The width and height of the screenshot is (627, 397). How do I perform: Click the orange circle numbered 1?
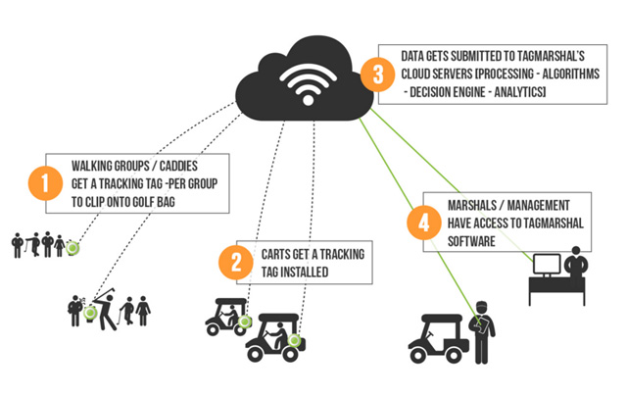pyautogui.click(x=45, y=183)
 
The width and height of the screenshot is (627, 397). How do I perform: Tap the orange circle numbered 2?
pyautogui.click(x=236, y=263)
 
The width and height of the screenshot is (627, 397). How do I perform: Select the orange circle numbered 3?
pyautogui.click(x=378, y=74)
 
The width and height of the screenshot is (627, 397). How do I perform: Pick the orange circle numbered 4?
pyautogui.click(x=424, y=223)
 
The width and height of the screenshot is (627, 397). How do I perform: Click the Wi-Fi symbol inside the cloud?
pyautogui.click(x=308, y=84)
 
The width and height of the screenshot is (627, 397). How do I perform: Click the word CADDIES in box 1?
pyautogui.click(x=178, y=166)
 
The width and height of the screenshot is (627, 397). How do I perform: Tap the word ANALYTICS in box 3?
pyautogui.click(x=520, y=92)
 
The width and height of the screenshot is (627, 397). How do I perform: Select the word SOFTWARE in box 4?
pyautogui.click(x=471, y=241)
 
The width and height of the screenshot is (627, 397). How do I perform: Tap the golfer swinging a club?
pyautogui.click(x=105, y=309)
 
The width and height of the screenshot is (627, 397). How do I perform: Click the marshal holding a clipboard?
pyautogui.click(x=483, y=332)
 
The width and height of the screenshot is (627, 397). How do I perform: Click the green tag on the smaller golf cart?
pyautogui.click(x=244, y=322)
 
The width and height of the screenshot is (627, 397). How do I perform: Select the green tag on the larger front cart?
pyautogui.click(x=294, y=340)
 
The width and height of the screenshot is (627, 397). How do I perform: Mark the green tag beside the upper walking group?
pyautogui.click(x=72, y=248)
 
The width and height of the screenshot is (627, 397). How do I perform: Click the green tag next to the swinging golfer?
pyautogui.click(x=90, y=313)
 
